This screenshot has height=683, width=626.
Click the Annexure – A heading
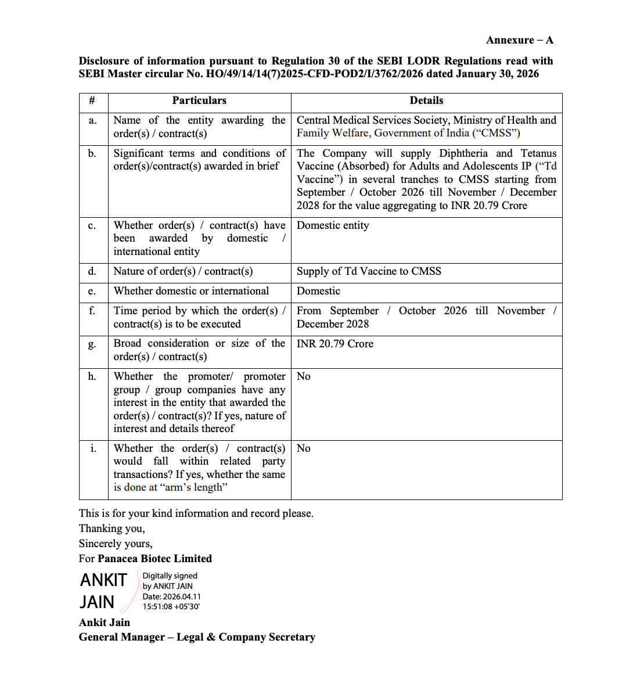519,40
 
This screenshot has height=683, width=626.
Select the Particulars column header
199,100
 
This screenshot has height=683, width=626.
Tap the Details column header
426,100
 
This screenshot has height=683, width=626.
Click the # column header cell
92,100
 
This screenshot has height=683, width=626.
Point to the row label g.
92,344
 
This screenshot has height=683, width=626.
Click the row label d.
92,272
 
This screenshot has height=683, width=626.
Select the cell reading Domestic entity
333,225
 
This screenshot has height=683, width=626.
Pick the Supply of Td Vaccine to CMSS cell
369,271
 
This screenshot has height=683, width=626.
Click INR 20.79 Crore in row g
335,344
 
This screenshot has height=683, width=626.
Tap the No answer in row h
304,376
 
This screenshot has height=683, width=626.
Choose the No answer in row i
304,448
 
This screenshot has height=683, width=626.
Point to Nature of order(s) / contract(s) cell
183,271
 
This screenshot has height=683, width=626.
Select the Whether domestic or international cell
191,291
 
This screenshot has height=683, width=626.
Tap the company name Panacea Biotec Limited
154,559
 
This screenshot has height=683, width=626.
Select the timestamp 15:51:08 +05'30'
171,606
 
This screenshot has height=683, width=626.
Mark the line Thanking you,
112,529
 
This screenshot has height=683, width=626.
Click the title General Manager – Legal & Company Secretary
197,637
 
